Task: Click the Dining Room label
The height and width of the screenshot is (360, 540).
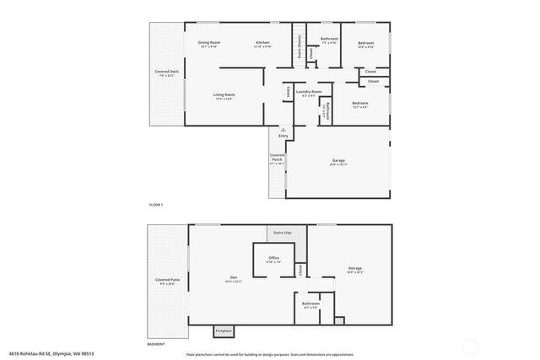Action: [x=209, y=42]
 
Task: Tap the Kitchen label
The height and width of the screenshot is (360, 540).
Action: [x=262, y=42]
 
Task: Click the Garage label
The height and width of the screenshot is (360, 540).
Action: [x=337, y=159]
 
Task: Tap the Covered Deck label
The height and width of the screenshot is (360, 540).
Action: [x=166, y=73]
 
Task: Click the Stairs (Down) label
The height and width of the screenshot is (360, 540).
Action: [x=300, y=46]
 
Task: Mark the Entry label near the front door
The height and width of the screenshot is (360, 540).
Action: [x=283, y=136]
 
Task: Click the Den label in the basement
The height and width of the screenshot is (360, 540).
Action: [x=234, y=278]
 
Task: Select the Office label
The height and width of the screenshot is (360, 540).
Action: [x=273, y=258]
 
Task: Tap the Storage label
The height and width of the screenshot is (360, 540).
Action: [x=354, y=269]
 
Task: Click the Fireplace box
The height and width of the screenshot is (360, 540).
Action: [x=223, y=330]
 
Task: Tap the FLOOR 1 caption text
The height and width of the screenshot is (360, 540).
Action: [x=156, y=205]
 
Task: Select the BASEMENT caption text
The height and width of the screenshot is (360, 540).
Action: [x=156, y=344]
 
